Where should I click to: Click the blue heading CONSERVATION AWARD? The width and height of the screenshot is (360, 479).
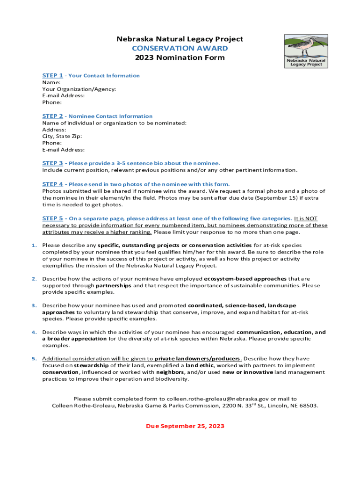point(180,48)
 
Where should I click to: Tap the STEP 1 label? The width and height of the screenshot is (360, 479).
point(52,75)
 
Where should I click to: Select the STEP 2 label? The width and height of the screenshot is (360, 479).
point(52,116)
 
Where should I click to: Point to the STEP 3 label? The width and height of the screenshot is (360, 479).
point(52,163)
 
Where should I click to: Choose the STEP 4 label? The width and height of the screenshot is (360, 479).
point(52,184)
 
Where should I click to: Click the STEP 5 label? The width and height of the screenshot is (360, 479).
point(52,218)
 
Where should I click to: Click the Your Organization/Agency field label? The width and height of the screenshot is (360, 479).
point(79,89)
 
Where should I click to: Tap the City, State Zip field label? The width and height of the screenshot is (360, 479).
point(62,136)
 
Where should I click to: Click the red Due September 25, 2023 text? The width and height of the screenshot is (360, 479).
point(185,426)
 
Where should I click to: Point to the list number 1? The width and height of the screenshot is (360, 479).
point(34,245)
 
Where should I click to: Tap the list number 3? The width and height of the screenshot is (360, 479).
point(34,305)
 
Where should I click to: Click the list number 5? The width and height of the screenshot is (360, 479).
point(34,359)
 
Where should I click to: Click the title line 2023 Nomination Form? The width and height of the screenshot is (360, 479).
point(180,58)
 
